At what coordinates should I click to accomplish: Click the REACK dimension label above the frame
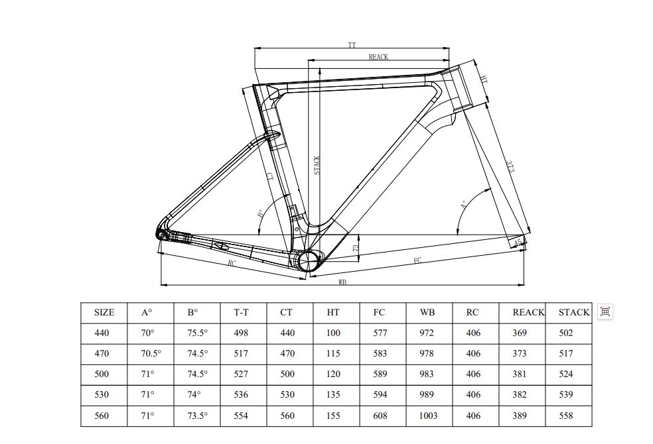(x=378, y=58)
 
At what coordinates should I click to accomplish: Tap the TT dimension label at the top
(x=352, y=45)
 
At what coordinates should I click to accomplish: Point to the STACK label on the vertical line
(x=317, y=165)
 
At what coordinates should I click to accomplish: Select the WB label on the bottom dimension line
(x=342, y=282)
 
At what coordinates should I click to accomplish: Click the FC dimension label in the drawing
(x=417, y=260)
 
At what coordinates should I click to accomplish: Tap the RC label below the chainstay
(x=232, y=263)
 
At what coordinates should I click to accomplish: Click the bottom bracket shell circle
(x=308, y=260)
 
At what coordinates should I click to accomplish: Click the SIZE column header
(x=104, y=312)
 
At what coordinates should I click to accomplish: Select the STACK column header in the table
(x=574, y=312)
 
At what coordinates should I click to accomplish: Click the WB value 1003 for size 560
(x=429, y=416)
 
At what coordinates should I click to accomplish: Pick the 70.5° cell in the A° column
(x=151, y=354)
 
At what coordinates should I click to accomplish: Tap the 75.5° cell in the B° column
(x=198, y=333)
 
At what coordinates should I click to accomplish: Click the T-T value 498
(x=241, y=333)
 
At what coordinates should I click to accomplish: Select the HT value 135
(x=333, y=395)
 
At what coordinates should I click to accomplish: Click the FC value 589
(x=380, y=374)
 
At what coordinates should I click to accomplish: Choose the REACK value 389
(x=520, y=416)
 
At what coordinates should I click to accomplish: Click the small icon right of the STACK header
(x=605, y=311)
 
